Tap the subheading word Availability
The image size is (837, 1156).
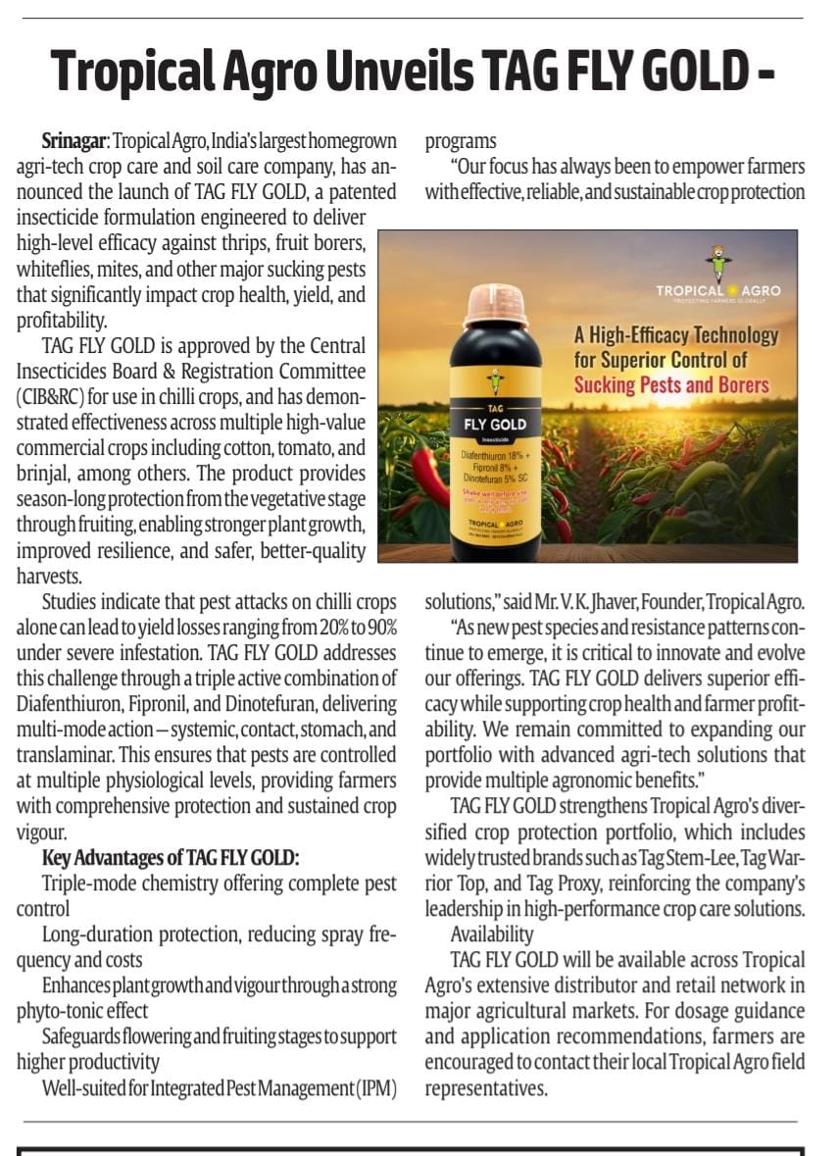click(492, 933)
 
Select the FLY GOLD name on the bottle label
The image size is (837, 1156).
click(495, 425)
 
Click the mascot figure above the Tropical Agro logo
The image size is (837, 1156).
click(718, 264)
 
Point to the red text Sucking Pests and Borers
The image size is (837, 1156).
click(671, 383)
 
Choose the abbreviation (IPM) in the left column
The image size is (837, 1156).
click(375, 1087)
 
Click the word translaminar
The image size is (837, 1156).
click(66, 755)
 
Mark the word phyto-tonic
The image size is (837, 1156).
click(63, 1011)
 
